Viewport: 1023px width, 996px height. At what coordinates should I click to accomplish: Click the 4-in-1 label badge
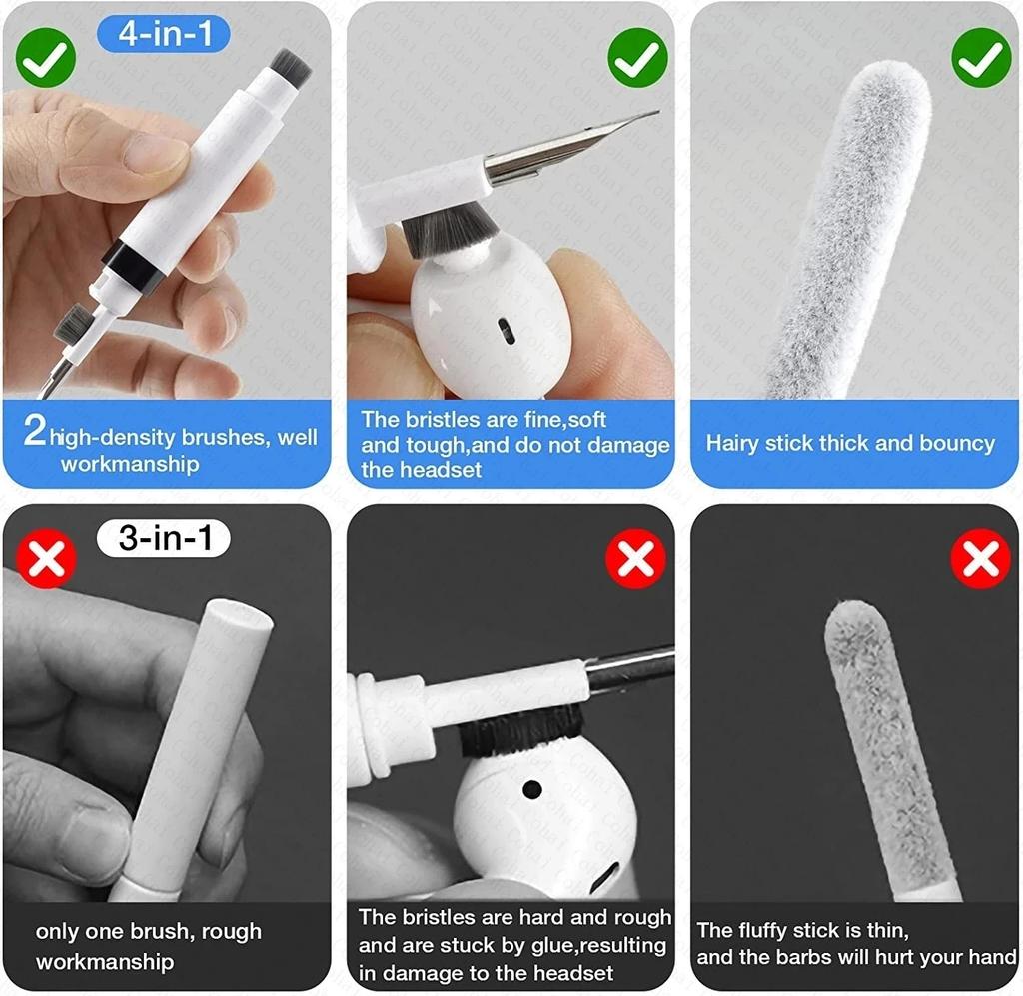pos(163,33)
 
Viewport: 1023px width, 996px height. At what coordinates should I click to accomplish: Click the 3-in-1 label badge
pos(163,539)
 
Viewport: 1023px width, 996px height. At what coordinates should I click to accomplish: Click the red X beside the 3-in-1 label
pos(46,558)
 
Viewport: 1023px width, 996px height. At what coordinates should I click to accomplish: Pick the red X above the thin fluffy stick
pos(980,558)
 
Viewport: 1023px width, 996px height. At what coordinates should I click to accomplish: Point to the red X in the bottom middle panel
pos(636,558)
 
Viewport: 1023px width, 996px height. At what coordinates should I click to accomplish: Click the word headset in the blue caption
pos(421,470)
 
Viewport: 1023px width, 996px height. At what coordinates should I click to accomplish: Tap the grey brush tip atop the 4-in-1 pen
pos(290,67)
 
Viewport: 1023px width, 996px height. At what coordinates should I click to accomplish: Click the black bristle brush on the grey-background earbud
pos(520,731)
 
